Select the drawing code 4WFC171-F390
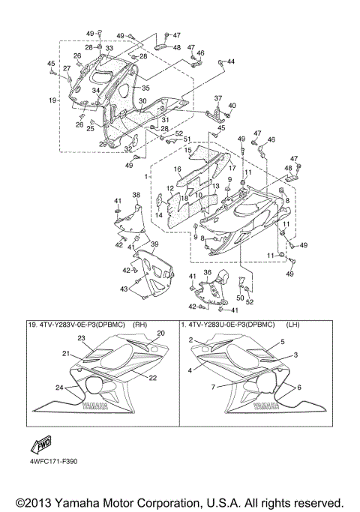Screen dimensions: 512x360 click(x=54, y=461)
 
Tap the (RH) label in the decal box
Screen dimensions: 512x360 click(x=139, y=325)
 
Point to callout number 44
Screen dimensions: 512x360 click(x=230, y=61)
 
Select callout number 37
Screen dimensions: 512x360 click(x=218, y=98)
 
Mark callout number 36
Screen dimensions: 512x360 click(x=207, y=272)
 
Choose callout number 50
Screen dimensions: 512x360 click(x=241, y=298)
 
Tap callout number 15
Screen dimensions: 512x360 click(x=187, y=151)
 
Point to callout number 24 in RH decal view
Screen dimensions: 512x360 click(x=58, y=388)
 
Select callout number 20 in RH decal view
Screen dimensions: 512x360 click(x=160, y=333)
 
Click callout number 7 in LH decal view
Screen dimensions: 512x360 click(x=212, y=387)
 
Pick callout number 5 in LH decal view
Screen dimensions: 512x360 click(x=283, y=341)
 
